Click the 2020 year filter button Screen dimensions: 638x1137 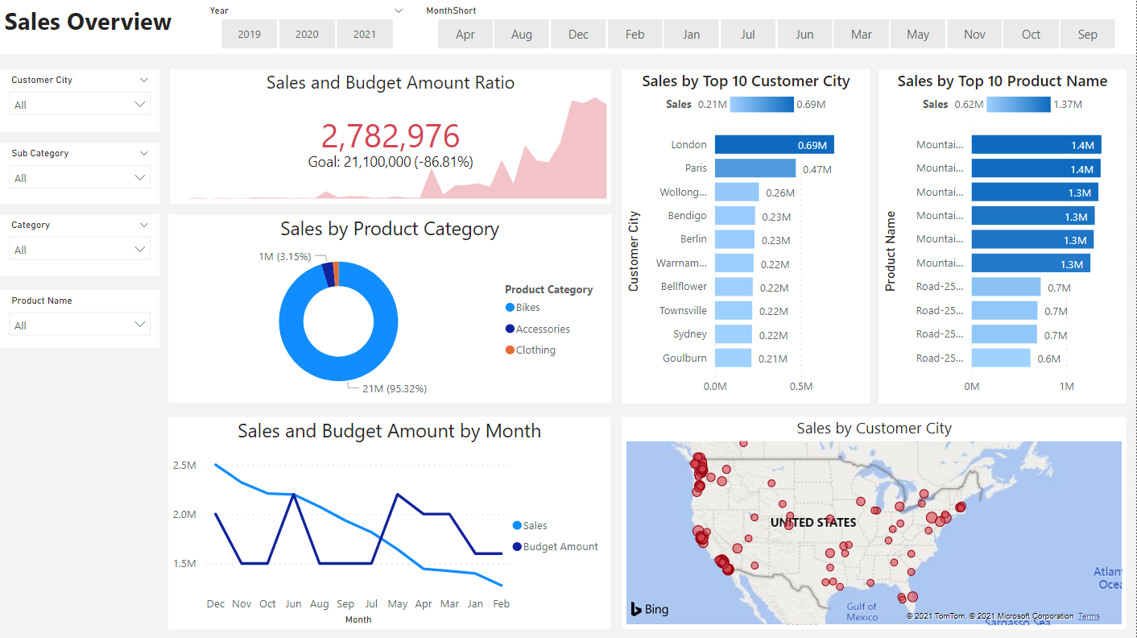pyautogui.click(x=307, y=35)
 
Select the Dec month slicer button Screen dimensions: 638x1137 pyautogui.click(x=578, y=35)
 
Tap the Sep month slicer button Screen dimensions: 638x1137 pyautogui.click(x=1087, y=35)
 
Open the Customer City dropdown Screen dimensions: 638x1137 pyautogui.click(x=79, y=105)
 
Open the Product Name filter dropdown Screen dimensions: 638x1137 pyautogui.click(x=79, y=325)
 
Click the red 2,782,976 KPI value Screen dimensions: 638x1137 pyautogui.click(x=391, y=137)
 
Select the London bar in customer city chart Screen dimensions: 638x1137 pyautogui.click(x=774, y=145)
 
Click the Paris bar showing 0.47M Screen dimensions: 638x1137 pyautogui.click(x=755, y=168)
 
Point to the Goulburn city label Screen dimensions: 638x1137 pyautogui.click(x=684, y=358)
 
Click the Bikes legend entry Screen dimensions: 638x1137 pyautogui.click(x=527, y=308)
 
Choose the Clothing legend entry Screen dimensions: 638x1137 pyautogui.click(x=535, y=350)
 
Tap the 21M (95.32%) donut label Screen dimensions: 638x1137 pyautogui.click(x=394, y=389)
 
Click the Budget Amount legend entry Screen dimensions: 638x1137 pyautogui.click(x=560, y=547)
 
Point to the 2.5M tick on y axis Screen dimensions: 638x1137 pyautogui.click(x=184, y=466)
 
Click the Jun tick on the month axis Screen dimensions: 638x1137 pyautogui.click(x=293, y=604)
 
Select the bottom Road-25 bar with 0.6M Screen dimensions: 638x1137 pyautogui.click(x=1001, y=358)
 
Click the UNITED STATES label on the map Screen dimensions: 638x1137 pyautogui.click(x=812, y=523)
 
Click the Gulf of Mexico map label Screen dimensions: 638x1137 pyautogui.click(x=862, y=612)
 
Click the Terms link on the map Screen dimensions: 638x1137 pyautogui.click(x=1089, y=616)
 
